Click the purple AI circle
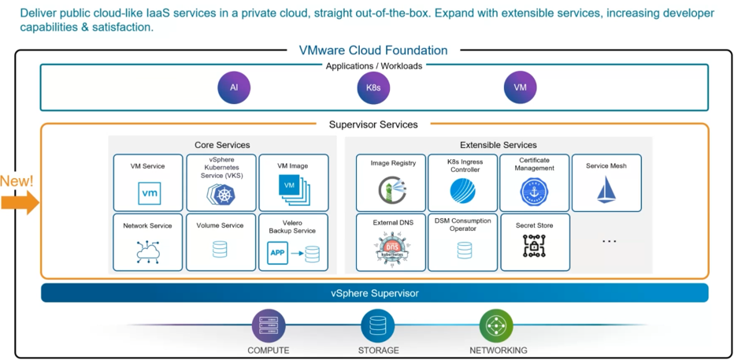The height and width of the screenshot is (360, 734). pos(234,87)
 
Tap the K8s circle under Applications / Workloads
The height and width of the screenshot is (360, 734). pos(373,87)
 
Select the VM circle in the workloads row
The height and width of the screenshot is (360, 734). pos(520,87)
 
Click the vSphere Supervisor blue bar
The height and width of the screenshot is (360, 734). pos(374,293)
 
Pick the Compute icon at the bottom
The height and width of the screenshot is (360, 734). pos(269,325)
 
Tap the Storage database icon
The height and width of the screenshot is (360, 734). pos(378,325)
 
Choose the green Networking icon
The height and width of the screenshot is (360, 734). pos(496,325)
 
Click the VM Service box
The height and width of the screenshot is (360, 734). pos(148,183)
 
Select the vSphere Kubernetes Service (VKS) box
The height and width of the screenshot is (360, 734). pos(221,183)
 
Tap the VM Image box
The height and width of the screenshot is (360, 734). pos(293,183)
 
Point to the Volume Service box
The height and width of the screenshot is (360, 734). pos(221,243)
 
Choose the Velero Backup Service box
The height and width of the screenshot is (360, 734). pos(293,243)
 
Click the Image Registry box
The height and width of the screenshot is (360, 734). pos(391,183)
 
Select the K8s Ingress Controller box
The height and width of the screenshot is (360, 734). pos(463,183)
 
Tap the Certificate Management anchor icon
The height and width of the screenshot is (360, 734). pos(535,191)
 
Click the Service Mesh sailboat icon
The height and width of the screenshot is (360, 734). pos(606,190)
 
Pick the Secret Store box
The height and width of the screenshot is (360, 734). pos(535,243)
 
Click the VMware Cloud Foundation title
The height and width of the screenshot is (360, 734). pos(373,50)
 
